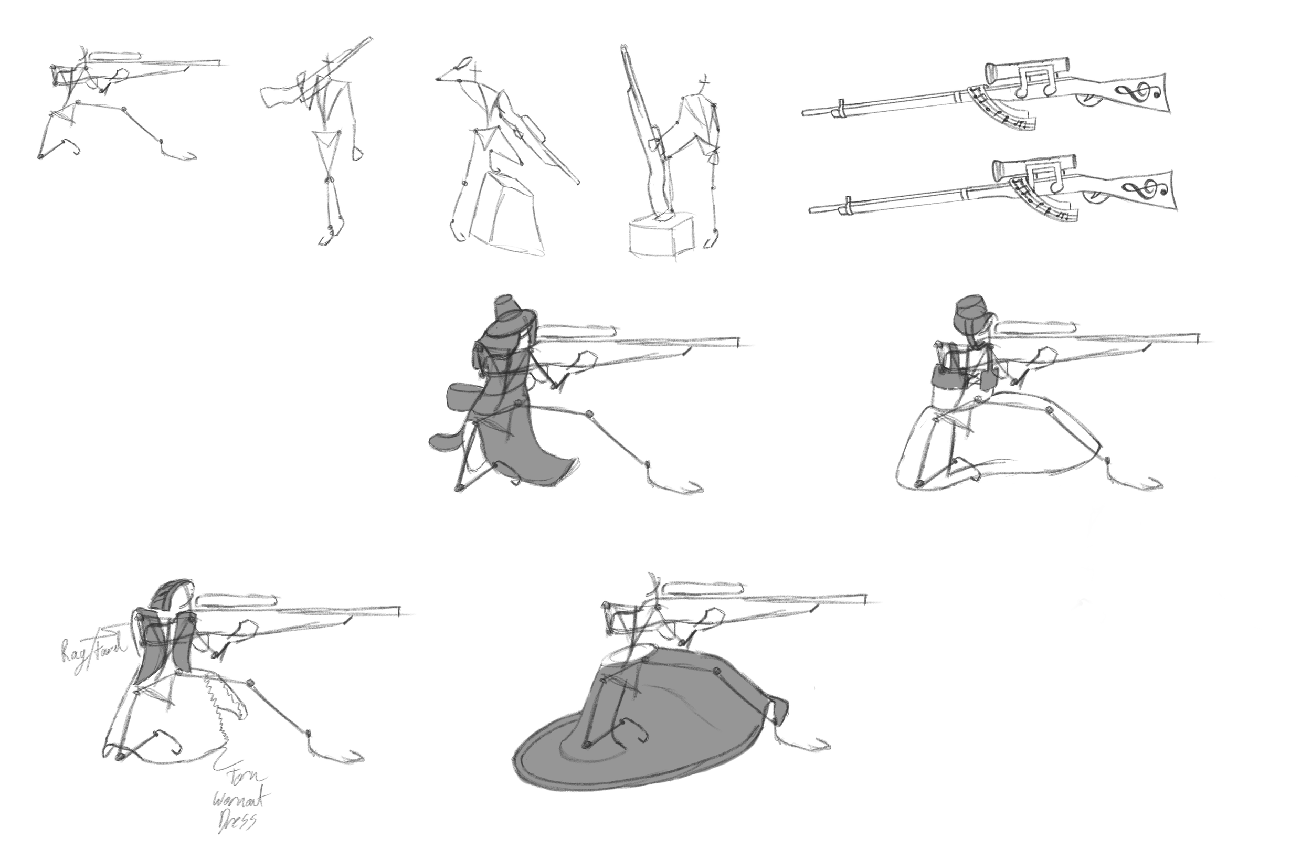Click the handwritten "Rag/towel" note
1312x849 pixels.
coord(92,655)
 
